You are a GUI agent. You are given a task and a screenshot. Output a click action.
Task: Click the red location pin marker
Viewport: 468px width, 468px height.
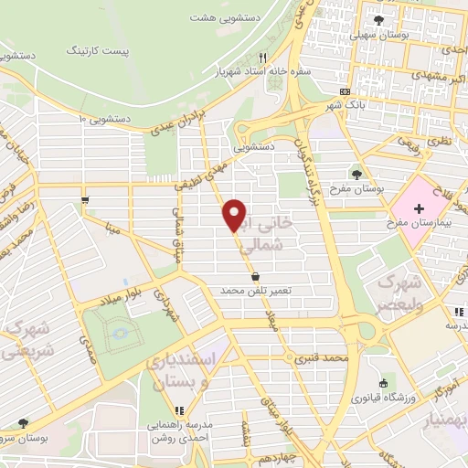[x=235, y=214]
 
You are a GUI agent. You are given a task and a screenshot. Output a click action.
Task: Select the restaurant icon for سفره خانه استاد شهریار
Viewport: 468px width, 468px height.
[x=263, y=56]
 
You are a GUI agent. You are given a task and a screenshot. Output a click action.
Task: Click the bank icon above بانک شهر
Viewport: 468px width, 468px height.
[x=344, y=91]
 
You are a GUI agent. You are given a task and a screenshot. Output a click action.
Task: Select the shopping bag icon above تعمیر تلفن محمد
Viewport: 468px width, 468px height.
[x=254, y=275]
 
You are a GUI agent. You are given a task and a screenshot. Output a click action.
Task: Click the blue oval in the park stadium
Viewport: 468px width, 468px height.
[x=120, y=335]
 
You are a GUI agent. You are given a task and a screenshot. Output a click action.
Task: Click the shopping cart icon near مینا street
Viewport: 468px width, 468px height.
[x=85, y=198]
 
